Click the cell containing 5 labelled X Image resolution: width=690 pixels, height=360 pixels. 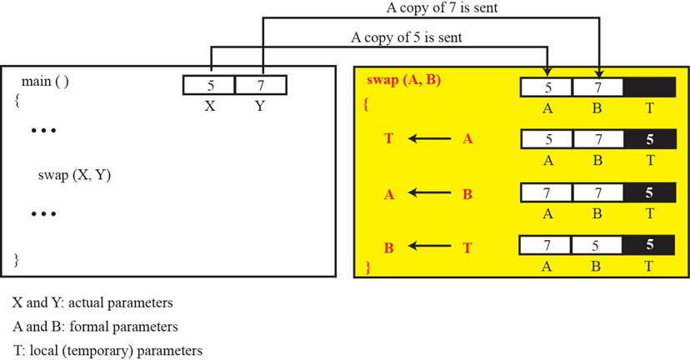(x=209, y=85)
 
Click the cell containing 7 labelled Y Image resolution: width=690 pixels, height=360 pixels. (x=261, y=85)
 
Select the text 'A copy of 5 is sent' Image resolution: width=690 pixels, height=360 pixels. (x=407, y=37)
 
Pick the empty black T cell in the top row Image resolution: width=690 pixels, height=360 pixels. (x=649, y=87)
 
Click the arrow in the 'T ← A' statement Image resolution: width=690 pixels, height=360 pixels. (x=428, y=139)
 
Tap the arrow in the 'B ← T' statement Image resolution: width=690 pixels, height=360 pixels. (x=428, y=247)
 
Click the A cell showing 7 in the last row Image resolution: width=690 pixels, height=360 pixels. (x=547, y=247)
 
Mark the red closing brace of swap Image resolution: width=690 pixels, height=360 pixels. (x=367, y=267)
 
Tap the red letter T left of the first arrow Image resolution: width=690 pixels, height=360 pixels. (x=388, y=139)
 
